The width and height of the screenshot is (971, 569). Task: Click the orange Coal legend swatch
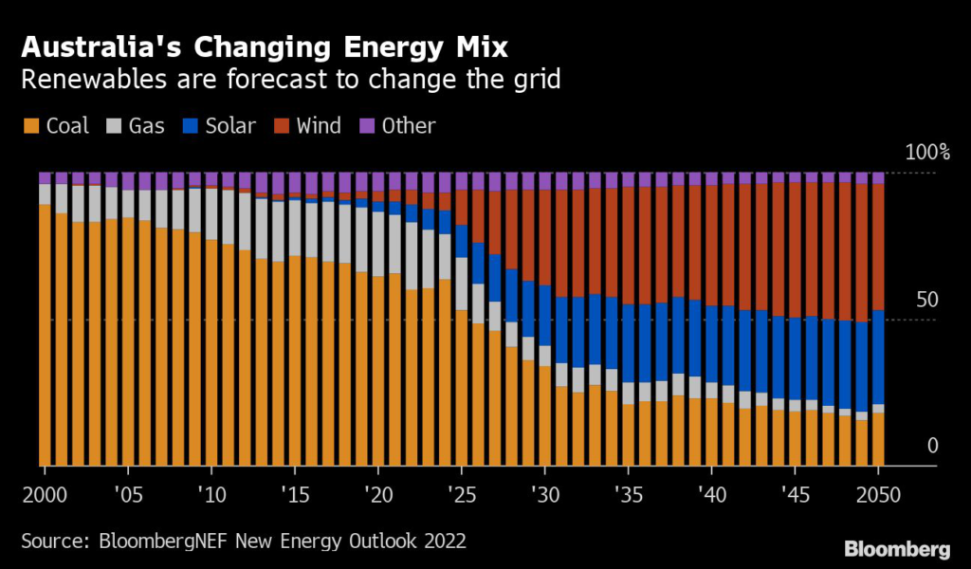[x=30, y=126]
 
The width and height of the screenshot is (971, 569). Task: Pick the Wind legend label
[x=319, y=126]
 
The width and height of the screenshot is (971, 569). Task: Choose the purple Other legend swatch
[x=368, y=126]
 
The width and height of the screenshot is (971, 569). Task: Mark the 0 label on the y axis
[x=932, y=446]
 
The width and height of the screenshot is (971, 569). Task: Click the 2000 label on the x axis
[x=45, y=496]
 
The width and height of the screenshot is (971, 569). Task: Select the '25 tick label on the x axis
[x=462, y=496]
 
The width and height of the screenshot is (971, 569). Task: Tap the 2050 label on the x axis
[x=879, y=496]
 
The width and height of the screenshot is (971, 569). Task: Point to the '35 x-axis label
[x=629, y=496]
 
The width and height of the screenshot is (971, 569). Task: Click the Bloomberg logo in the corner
[x=897, y=548]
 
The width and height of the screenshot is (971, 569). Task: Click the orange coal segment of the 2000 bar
[x=45, y=332]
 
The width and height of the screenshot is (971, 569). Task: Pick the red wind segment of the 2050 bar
[x=879, y=247]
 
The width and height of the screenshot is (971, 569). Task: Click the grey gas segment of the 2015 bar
[x=295, y=229]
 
